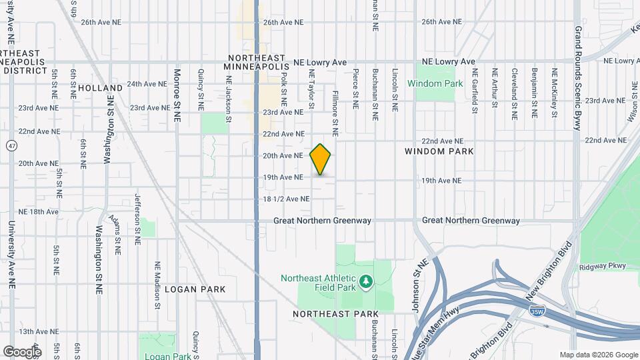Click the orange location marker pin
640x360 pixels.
click(x=321, y=159)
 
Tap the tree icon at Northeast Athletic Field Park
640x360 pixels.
click(x=365, y=283)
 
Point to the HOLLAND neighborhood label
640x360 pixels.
click(x=100, y=88)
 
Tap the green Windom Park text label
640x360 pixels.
click(x=435, y=84)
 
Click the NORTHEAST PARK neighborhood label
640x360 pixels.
click(x=335, y=313)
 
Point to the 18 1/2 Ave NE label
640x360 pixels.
click(x=286, y=199)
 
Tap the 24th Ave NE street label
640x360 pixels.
click(x=147, y=84)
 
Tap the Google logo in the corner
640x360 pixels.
click(x=22, y=351)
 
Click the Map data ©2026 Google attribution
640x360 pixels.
click(x=598, y=355)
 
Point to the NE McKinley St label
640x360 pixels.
click(x=555, y=93)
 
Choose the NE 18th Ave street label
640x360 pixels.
click(x=39, y=211)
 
